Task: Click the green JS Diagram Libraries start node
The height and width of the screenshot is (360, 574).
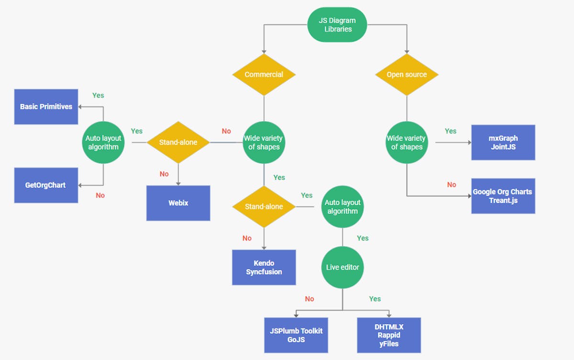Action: pos(337,24)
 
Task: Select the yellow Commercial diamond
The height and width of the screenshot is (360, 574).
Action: pos(264,75)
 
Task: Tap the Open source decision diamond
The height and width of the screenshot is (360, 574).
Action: pos(407,75)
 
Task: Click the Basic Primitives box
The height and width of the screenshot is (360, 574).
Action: pos(46,107)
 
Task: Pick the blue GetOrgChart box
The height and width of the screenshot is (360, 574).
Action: pos(46,185)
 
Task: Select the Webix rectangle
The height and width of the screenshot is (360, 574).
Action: pos(178,203)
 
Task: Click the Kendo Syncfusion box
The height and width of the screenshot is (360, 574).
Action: pos(264,267)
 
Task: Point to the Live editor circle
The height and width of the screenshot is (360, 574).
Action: pos(342,267)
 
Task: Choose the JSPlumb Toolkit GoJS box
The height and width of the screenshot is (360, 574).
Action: pos(296,335)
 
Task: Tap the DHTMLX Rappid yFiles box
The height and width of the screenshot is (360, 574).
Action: pos(389,335)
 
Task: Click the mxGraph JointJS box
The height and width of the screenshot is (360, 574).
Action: pos(503,142)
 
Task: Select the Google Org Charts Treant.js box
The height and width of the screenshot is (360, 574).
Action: pos(503,196)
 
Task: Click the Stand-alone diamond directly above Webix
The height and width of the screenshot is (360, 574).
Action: pos(178,142)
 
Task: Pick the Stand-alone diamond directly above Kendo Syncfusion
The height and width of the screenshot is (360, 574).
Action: pos(264,207)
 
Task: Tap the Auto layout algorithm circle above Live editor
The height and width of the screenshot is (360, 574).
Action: pos(342,207)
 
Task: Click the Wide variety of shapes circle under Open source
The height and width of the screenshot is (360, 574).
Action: pos(407,142)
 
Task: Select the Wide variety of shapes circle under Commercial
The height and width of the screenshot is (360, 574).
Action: pos(264,142)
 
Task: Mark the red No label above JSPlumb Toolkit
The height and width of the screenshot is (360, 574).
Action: pos(309,299)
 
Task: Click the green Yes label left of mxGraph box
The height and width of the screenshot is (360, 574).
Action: pos(451,131)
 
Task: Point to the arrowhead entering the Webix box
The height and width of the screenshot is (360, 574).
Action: pos(178,183)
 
